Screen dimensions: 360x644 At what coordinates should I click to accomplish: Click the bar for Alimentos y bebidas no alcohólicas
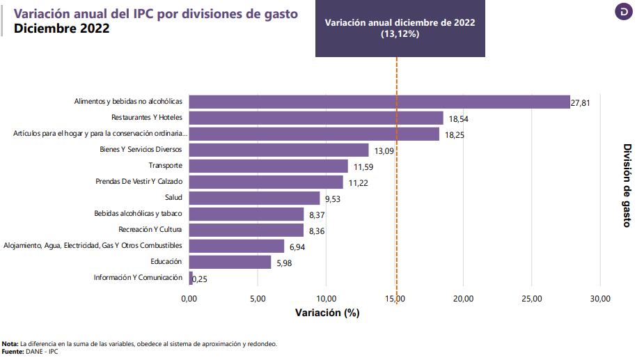click(x=379, y=102)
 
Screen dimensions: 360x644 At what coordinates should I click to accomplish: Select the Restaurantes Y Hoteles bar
click(x=315, y=118)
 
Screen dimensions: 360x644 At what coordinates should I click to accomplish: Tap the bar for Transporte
click(x=268, y=166)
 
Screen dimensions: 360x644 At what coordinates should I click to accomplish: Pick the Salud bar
click(x=254, y=198)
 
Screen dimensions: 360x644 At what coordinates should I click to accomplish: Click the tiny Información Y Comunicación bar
click(x=191, y=278)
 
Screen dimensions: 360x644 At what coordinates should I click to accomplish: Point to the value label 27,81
click(x=581, y=102)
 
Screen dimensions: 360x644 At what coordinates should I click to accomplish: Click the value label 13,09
click(x=384, y=150)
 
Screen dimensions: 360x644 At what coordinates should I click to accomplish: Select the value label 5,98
click(x=285, y=263)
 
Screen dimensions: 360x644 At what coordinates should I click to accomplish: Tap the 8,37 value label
click(x=318, y=214)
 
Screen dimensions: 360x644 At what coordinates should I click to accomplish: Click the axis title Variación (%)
click(x=327, y=313)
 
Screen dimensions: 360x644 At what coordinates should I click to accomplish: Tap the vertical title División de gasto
click(x=627, y=185)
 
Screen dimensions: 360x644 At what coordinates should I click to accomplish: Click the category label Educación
click(x=166, y=262)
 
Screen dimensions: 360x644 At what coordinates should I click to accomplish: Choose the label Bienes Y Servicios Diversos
click(x=141, y=150)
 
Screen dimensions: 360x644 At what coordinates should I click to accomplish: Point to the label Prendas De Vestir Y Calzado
click(x=139, y=182)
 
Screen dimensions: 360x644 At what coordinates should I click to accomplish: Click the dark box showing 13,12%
click(x=400, y=28)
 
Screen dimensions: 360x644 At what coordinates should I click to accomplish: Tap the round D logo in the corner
click(x=625, y=12)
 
